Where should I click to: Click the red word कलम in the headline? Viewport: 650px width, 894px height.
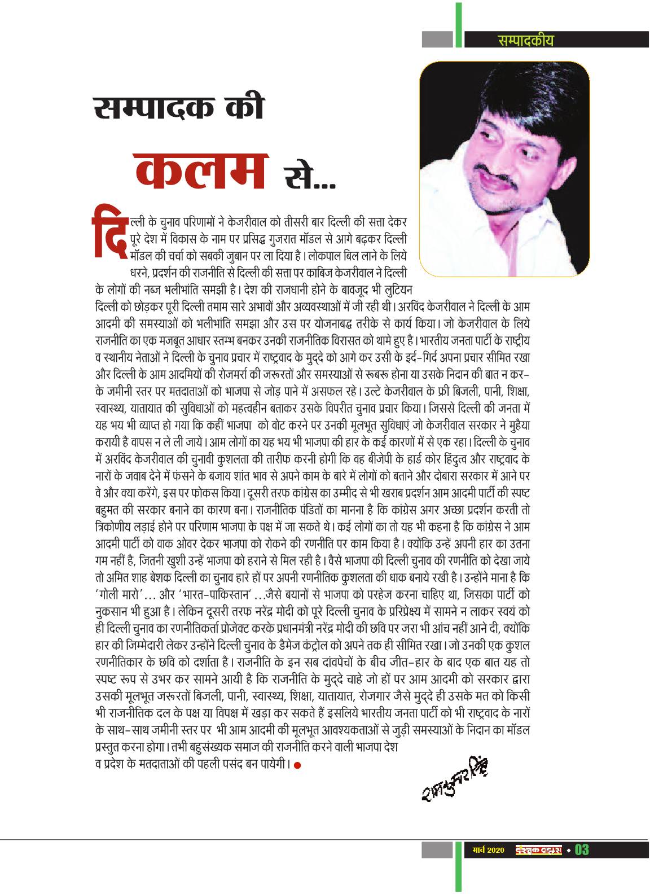coord(201,170)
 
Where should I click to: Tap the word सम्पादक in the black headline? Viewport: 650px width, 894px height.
coord(160,108)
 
